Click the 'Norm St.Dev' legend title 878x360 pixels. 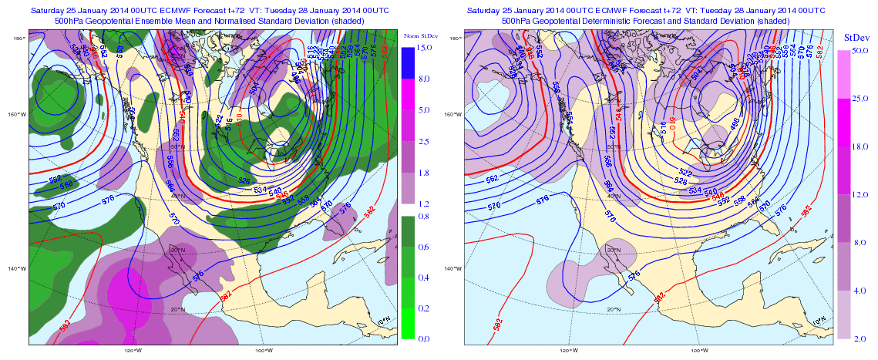420,36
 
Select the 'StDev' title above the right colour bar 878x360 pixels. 857,36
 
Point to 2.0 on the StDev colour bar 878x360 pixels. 861,338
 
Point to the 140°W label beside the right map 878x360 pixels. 456,268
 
